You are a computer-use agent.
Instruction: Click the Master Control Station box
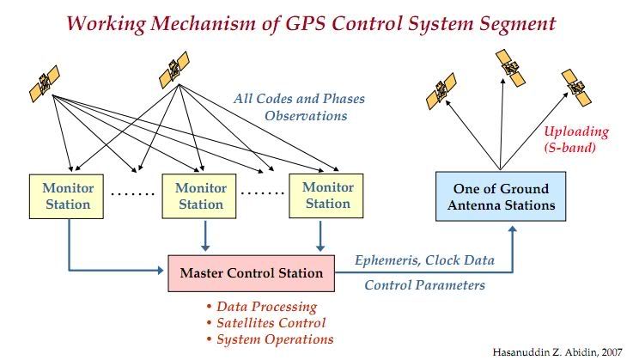(x=251, y=273)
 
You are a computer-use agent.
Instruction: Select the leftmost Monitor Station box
(x=66, y=197)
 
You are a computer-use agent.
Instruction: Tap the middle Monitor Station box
(x=199, y=197)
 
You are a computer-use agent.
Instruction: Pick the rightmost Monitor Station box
(x=326, y=196)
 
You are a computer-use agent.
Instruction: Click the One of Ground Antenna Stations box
(x=501, y=197)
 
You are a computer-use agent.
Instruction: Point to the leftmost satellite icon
(x=45, y=83)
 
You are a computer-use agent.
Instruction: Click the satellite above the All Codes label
(x=174, y=70)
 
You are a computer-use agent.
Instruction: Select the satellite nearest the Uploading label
(x=576, y=88)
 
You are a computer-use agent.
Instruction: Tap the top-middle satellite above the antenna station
(x=510, y=68)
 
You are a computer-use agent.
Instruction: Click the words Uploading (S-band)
(x=575, y=139)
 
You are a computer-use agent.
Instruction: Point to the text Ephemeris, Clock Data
(x=424, y=260)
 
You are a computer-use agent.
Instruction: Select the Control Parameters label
(x=424, y=285)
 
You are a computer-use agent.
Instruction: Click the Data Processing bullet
(x=262, y=307)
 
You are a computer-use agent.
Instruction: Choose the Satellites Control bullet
(x=266, y=323)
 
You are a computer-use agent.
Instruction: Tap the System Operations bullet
(x=270, y=339)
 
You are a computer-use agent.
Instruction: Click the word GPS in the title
(x=306, y=23)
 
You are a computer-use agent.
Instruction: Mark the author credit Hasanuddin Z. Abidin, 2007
(x=557, y=352)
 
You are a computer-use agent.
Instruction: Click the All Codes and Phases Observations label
(x=299, y=107)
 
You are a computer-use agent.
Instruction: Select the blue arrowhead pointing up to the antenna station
(x=512, y=230)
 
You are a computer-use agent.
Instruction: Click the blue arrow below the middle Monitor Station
(x=205, y=235)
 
